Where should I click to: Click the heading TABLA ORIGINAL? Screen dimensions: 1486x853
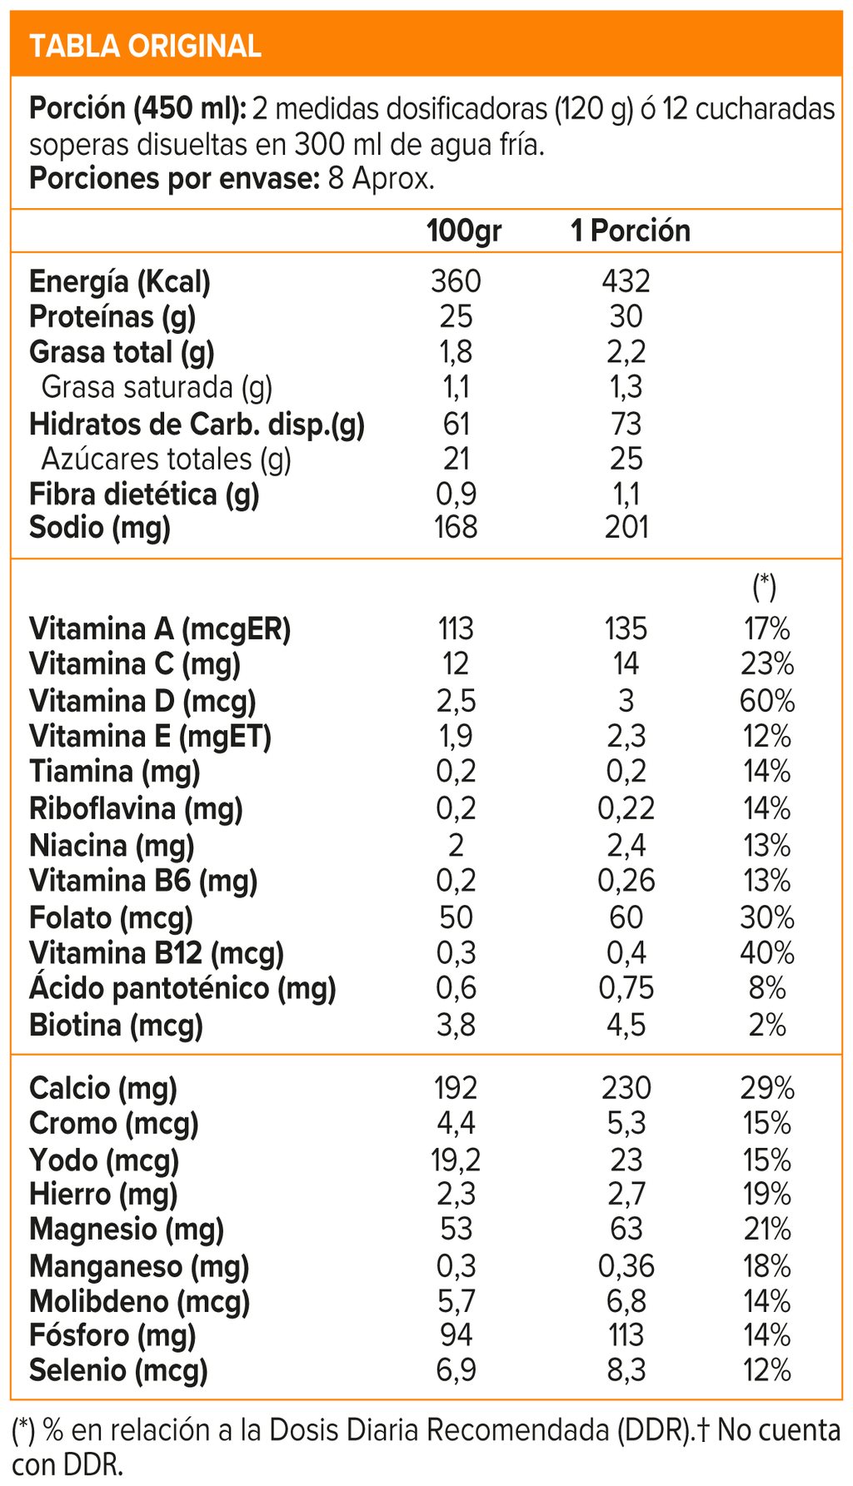pyautogui.click(x=145, y=46)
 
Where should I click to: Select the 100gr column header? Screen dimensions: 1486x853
pyautogui.click(x=464, y=231)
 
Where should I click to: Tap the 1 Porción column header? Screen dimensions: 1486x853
pyautogui.click(x=630, y=231)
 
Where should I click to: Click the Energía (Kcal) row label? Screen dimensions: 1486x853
pyautogui.click(x=120, y=281)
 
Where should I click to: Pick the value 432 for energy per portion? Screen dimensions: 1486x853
pyautogui.click(x=626, y=281)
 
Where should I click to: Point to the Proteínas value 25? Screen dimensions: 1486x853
pyautogui.click(x=456, y=317)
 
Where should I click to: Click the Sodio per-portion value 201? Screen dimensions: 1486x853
pyautogui.click(x=626, y=527)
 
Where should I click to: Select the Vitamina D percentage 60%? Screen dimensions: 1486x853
pyautogui.click(x=766, y=701)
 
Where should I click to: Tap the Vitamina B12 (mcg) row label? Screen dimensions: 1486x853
pyautogui.click(x=157, y=952)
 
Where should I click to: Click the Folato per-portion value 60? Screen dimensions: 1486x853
pyautogui.click(x=626, y=917)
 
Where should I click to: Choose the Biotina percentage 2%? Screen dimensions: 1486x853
pyautogui.click(x=766, y=1025)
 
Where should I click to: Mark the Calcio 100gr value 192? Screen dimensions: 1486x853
pyautogui.click(x=456, y=1088)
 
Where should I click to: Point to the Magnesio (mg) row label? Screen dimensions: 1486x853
pyautogui.click(x=127, y=1230)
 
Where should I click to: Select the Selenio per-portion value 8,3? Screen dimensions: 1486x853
pyautogui.click(x=626, y=1370)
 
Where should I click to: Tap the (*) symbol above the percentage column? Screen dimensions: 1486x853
pyautogui.click(x=764, y=587)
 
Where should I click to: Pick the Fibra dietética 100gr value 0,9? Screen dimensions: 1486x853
pyautogui.click(x=456, y=495)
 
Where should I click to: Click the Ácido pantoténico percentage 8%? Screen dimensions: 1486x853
pyautogui.click(x=766, y=989)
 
